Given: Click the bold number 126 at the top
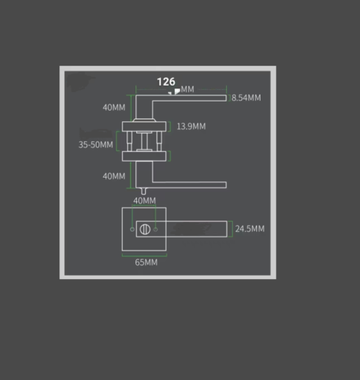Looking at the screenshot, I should point(166,83).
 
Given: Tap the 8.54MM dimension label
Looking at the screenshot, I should point(246,97).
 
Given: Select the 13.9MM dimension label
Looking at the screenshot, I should point(191,126).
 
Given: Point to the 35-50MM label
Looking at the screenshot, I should point(96,145).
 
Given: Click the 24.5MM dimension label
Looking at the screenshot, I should point(249,229).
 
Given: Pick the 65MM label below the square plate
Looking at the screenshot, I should point(146,262).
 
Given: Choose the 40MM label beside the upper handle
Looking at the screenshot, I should point(114,107).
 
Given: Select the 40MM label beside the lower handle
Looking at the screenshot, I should point(114,176).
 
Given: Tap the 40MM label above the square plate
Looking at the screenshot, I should point(144,200).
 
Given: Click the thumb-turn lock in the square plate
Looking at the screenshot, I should point(145,229).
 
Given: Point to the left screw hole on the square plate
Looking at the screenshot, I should point(132,229).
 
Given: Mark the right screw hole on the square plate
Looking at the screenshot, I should point(157,229).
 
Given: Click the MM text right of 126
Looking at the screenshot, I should point(187,89).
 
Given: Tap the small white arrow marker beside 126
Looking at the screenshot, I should point(176,91).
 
